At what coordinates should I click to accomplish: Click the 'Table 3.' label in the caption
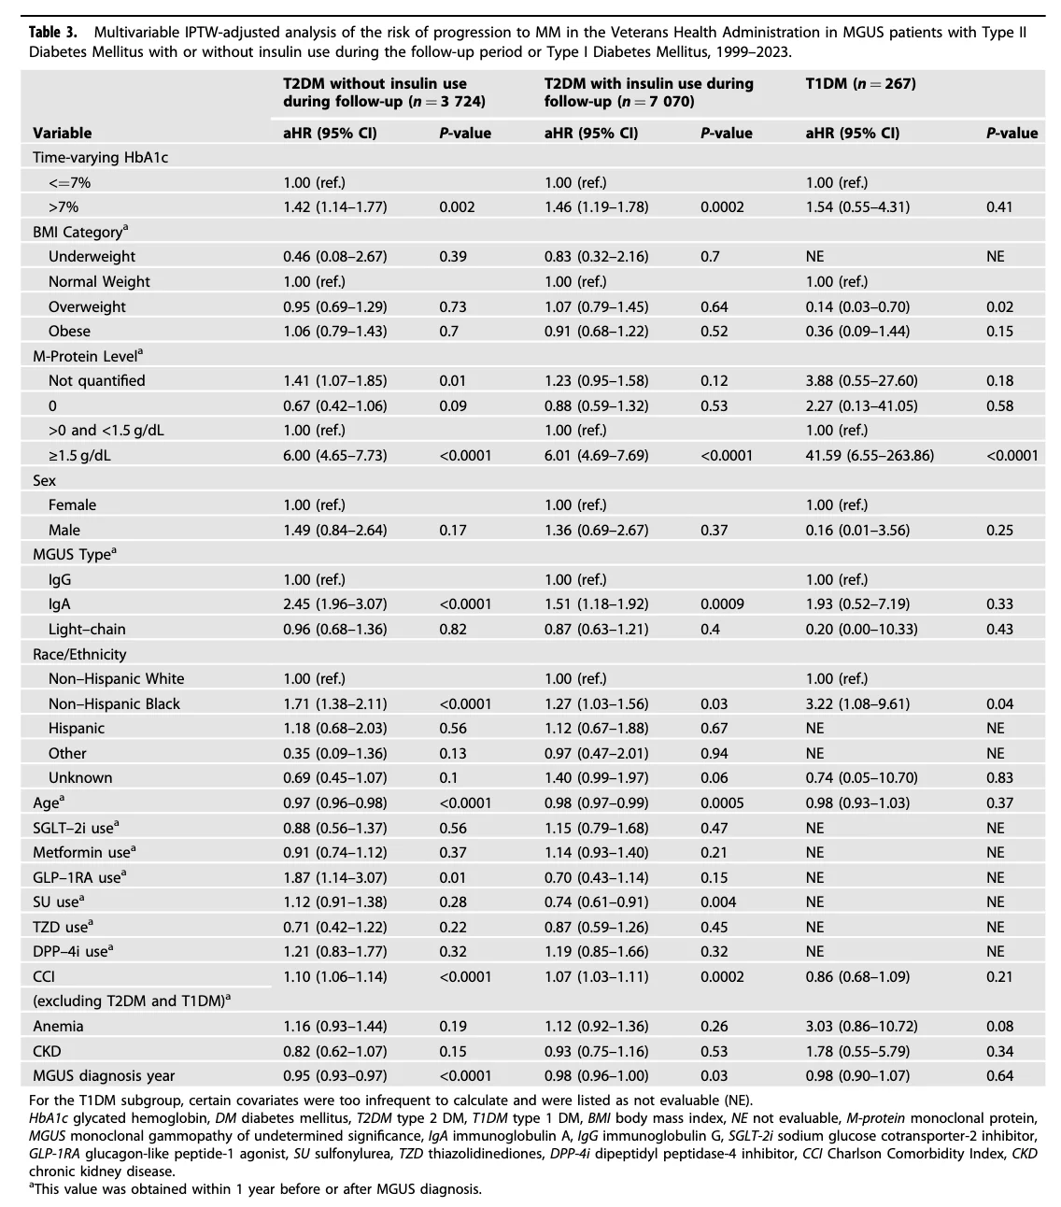pos(53,32)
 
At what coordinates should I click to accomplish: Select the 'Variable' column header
pos(62,133)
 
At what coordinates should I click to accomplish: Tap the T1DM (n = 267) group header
pos(860,83)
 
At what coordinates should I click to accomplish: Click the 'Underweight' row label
pos(92,257)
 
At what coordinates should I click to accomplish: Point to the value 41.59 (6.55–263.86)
pos(870,456)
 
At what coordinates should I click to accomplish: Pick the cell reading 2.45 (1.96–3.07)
pos(334,604)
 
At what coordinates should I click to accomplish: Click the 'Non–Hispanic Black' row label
pos(114,703)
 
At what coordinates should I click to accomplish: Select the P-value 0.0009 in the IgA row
pos(722,604)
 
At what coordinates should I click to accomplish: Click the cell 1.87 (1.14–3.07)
pos(334,877)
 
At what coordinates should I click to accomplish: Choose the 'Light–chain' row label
pos(87,629)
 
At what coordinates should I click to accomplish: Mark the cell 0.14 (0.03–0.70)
pos(857,306)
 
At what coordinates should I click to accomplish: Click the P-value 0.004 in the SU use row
pos(718,902)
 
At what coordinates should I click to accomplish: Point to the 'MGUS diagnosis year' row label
pos(104,1076)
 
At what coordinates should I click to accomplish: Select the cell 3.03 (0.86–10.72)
pos(861,1027)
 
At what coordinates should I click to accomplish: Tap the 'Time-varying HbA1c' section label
pos(100,158)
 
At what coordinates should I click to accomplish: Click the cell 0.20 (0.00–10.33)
pos(861,629)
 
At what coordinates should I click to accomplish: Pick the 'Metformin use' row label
pos(84,852)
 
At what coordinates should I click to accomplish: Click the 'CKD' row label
pos(47,1052)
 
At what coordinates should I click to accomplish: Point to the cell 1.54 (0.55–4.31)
pos(857,207)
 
